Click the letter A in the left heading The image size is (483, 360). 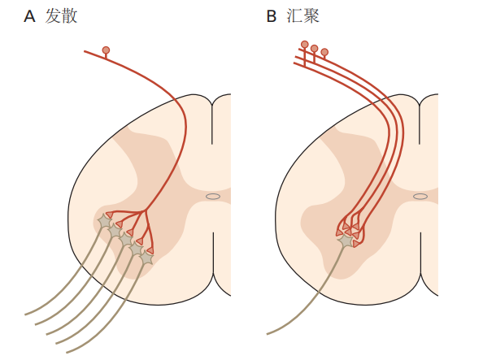pyautogui.click(x=29, y=16)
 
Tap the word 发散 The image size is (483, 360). pyautogui.click(x=61, y=16)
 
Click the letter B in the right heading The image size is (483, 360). pyautogui.click(x=271, y=16)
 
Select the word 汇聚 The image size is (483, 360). pyautogui.click(x=303, y=16)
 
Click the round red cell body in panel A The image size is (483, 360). pyautogui.click(x=106, y=50)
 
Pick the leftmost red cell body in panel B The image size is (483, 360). pyautogui.click(x=305, y=45)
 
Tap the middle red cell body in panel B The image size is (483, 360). pyautogui.click(x=314, y=48)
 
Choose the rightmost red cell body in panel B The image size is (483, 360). pyautogui.click(x=324, y=52)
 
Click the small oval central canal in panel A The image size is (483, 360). pyautogui.click(x=213, y=196)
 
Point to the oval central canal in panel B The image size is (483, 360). pyautogui.click(x=420, y=196)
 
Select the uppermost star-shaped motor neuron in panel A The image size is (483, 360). pyautogui.click(x=104, y=221)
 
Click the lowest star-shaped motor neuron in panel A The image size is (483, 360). pyautogui.click(x=147, y=258)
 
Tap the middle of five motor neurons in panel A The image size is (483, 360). pyautogui.click(x=126, y=240)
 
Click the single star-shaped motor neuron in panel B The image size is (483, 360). pyautogui.click(x=346, y=241)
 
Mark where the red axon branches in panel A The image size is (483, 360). pyautogui.click(x=144, y=211)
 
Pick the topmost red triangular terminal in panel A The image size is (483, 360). pyautogui.click(x=109, y=215)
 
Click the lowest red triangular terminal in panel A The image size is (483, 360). pyautogui.click(x=150, y=250)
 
